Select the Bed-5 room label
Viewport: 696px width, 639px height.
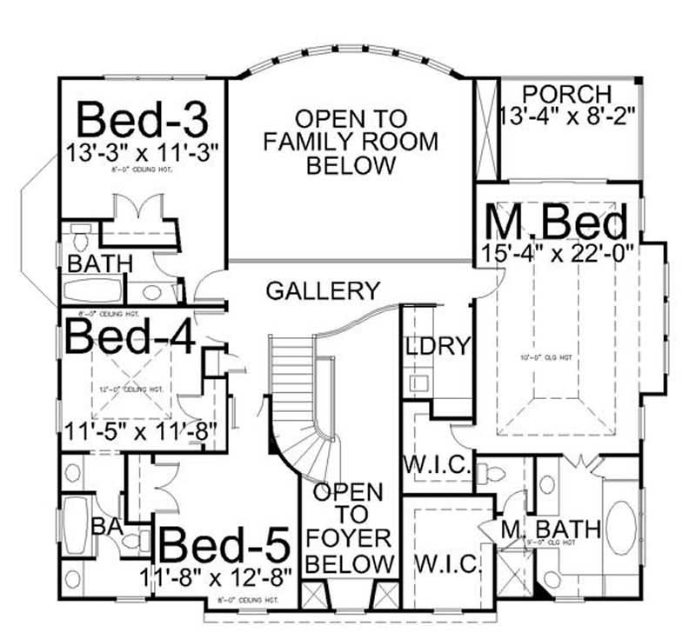pyautogui.click(x=225, y=546)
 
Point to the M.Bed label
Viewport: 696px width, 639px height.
pyautogui.click(x=556, y=223)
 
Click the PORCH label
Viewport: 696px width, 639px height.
pyautogui.click(x=567, y=94)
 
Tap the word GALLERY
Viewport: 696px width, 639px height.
pyautogui.click(x=323, y=290)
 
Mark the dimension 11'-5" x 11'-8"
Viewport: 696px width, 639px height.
pyautogui.click(x=139, y=429)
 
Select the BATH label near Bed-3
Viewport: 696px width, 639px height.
pyautogui.click(x=100, y=263)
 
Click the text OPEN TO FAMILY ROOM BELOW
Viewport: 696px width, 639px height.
pyautogui.click(x=351, y=141)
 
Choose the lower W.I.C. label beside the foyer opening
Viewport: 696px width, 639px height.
pyautogui.click(x=447, y=565)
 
